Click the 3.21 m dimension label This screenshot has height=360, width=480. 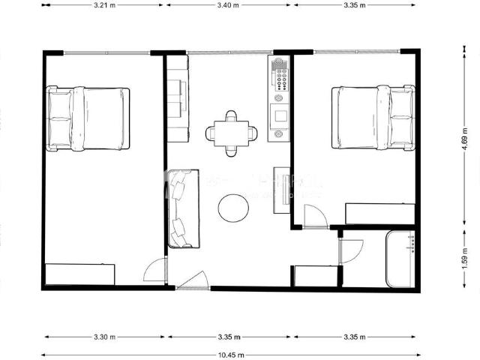click(x=104, y=5)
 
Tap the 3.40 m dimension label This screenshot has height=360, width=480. click(x=229, y=5)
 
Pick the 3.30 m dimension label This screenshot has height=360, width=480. click(x=104, y=337)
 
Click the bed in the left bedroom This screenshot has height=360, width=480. click(x=88, y=118)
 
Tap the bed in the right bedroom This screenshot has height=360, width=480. click(x=373, y=117)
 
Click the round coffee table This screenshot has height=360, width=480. click(x=233, y=208)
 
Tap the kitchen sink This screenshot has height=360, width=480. click(x=280, y=116)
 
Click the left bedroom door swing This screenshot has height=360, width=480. click(x=157, y=271)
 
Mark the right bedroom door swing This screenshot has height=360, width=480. click(x=316, y=217)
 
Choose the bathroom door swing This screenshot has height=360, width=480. click(x=351, y=251)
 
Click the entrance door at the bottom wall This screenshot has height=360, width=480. click(x=193, y=281)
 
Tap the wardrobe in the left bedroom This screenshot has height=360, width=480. click(x=79, y=274)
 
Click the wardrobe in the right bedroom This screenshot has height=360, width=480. click(x=379, y=214)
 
